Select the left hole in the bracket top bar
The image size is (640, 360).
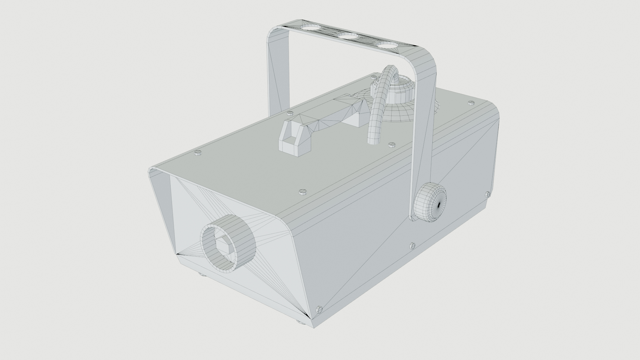click(x=77, y=27)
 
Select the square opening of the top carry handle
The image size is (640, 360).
click(x=289, y=136)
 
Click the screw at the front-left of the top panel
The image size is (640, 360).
click(x=198, y=153)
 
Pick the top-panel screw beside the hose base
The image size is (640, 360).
click(x=392, y=145)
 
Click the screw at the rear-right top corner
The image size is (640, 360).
click(x=471, y=103)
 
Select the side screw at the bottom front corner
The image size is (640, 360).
click(x=319, y=310)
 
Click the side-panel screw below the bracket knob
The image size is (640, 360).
click(x=413, y=246)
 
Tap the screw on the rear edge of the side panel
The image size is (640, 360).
click(x=488, y=194)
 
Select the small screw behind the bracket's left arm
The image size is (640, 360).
click(x=290, y=113)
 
